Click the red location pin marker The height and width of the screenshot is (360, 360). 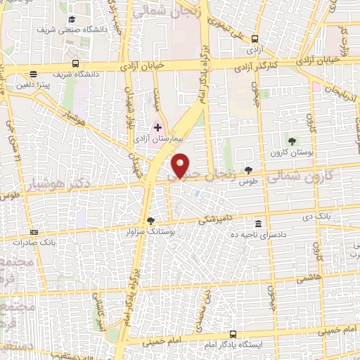pyautogui.click(x=181, y=165)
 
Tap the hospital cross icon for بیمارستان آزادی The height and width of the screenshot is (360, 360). pyautogui.click(x=158, y=128)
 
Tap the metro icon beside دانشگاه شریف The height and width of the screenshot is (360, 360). pyautogui.click(x=33, y=73)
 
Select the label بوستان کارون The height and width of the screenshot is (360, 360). pyautogui.click(x=288, y=152)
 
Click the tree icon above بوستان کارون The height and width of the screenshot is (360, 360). pyautogui.click(x=292, y=142)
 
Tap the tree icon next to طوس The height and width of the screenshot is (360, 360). pyautogui.click(x=247, y=169)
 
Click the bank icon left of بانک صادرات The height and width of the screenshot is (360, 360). pyautogui.click(x=33, y=233)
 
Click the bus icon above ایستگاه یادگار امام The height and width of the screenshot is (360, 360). pyautogui.click(x=233, y=335)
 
